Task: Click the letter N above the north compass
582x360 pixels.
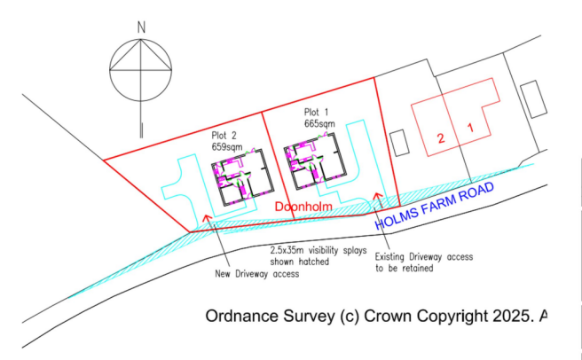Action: [141, 27]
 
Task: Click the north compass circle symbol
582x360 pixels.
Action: [141, 39]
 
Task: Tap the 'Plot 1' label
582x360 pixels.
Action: [316, 112]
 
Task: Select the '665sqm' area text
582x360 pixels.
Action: [319, 123]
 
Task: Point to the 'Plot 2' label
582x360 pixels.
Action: [224, 135]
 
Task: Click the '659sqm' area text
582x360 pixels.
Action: [227, 146]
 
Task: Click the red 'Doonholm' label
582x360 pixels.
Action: [303, 207]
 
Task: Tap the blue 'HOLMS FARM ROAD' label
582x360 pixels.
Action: [434, 206]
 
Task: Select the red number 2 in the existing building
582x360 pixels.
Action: [441, 138]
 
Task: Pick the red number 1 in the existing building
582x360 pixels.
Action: [470, 128]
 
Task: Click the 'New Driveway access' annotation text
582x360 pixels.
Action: [257, 274]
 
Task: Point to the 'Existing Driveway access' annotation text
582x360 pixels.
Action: [424, 257]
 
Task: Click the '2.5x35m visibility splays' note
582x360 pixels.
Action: [319, 251]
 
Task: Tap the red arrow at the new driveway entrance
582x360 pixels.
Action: [208, 218]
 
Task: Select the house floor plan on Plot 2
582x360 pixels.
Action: [242, 177]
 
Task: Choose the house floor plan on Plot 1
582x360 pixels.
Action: [315, 161]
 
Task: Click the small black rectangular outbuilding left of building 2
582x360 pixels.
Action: [399, 143]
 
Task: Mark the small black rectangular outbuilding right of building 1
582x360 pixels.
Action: [534, 99]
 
